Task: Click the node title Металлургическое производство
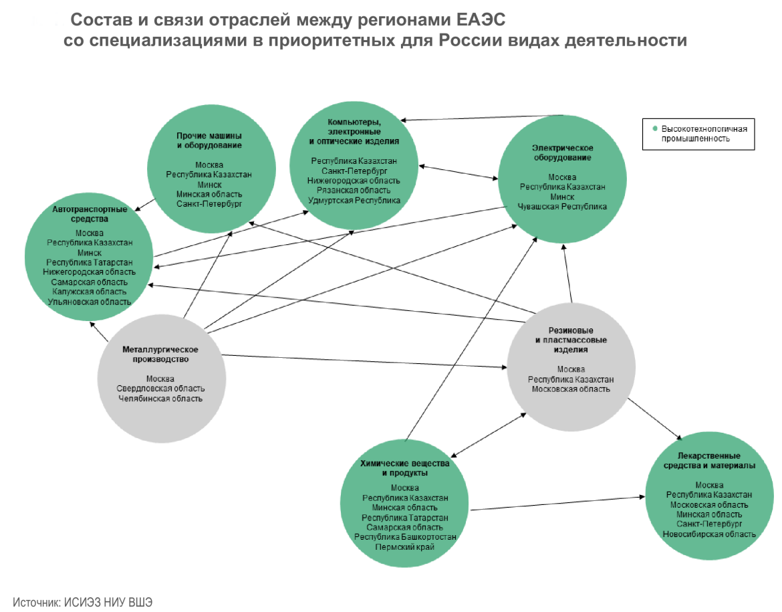tap(160, 354)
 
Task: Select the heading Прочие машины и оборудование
tap(209, 140)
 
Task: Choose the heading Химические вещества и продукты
tap(405, 468)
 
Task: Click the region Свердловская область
tap(160, 389)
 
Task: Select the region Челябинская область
tap(160, 399)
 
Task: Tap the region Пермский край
tap(405, 547)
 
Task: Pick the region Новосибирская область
tap(709, 534)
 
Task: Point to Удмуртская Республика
tap(354, 200)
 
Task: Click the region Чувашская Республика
tap(562, 207)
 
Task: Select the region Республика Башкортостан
tap(405, 537)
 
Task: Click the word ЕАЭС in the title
tap(480, 19)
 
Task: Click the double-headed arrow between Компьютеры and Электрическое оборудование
tap(459, 171)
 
